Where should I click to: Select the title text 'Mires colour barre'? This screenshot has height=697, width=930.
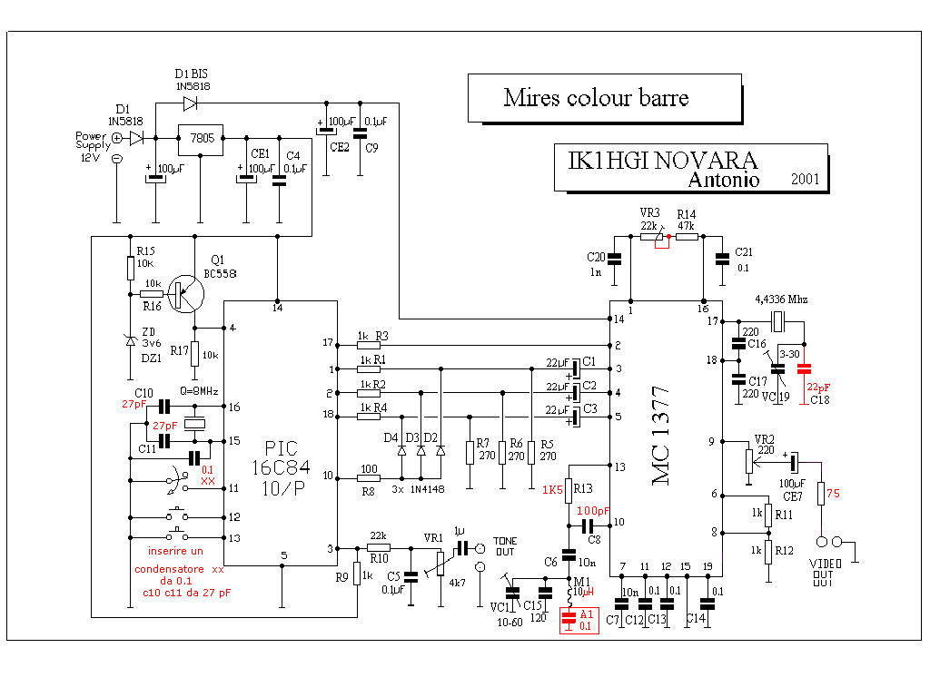click(596, 98)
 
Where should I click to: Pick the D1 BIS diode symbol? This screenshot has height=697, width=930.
click(190, 103)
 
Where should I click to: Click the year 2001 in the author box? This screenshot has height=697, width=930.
click(804, 180)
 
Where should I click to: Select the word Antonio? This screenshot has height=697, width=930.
click(724, 180)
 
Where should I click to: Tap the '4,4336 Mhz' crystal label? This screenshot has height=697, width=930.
click(781, 299)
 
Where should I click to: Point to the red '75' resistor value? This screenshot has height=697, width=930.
click(833, 494)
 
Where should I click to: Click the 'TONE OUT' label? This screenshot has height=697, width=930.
click(506, 545)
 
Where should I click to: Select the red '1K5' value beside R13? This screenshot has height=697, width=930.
click(553, 490)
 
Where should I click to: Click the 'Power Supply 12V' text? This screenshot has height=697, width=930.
click(93, 146)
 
